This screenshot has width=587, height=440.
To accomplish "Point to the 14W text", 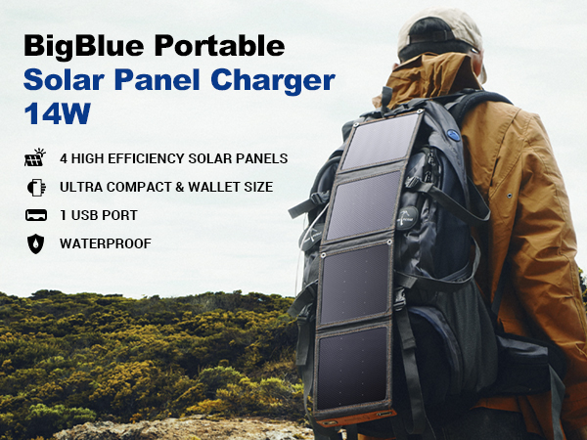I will (x=56, y=112).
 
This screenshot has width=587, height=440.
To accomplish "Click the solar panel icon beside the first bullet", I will (x=36, y=157).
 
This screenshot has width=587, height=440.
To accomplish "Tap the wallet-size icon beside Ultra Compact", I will (x=36, y=186).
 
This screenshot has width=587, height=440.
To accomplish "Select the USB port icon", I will (x=36, y=214).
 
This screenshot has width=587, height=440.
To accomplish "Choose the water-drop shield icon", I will (x=36, y=243).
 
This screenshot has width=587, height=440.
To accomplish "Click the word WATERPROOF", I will (x=105, y=243).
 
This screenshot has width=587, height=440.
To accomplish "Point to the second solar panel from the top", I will (x=364, y=204).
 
